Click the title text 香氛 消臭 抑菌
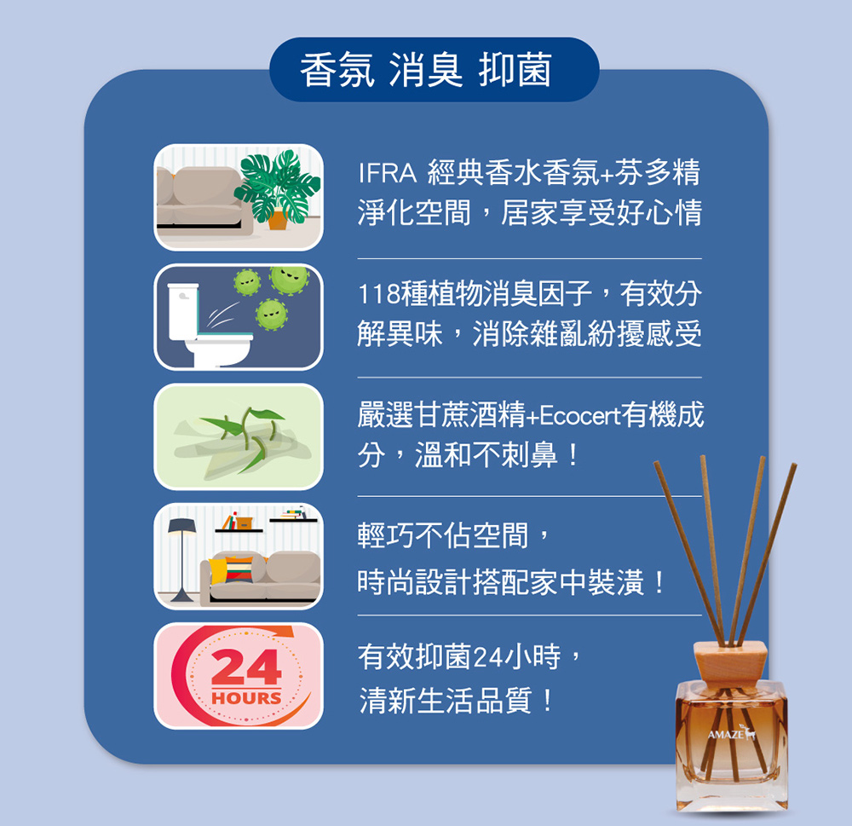[426, 70]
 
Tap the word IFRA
[387, 173]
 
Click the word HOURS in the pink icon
[247, 698]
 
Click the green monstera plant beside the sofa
[277, 185]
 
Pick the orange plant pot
[278, 218]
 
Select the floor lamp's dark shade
[181, 527]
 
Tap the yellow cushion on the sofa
[217, 571]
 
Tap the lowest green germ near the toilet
[271, 315]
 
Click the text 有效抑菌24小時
[459, 656]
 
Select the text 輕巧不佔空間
[443, 535]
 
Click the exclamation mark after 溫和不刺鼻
[572, 456]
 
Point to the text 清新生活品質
[445, 701]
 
